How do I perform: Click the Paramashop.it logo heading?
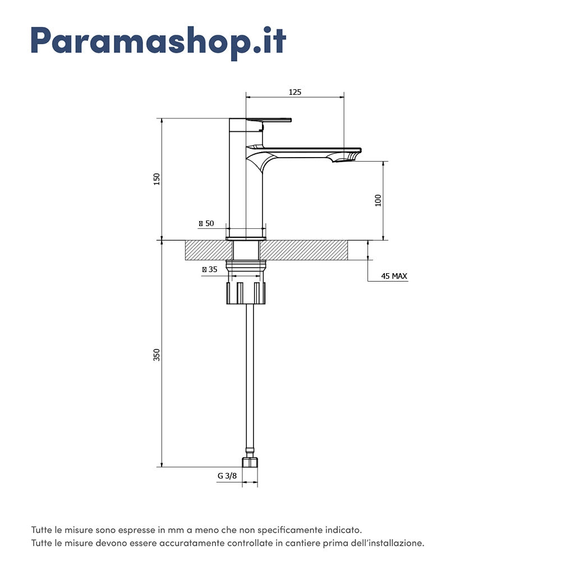pyautogui.click(x=158, y=41)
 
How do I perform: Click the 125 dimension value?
pyautogui.click(x=295, y=92)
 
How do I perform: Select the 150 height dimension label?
pyautogui.click(x=157, y=179)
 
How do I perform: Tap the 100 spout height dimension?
pyautogui.click(x=378, y=200)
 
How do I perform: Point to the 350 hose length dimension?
pyautogui.click(x=157, y=355)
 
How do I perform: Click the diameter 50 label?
pyautogui.click(x=206, y=223)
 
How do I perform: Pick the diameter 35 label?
pyautogui.click(x=209, y=269)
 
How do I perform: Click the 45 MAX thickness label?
pyautogui.click(x=394, y=277)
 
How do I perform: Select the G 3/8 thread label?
pyautogui.click(x=227, y=476)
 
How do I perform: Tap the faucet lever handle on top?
pyautogui.click(x=269, y=119)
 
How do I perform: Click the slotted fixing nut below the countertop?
pyautogui.click(x=246, y=293)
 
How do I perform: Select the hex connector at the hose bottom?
pyautogui.click(x=250, y=463)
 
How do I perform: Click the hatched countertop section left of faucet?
pyautogui.click(x=205, y=250)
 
